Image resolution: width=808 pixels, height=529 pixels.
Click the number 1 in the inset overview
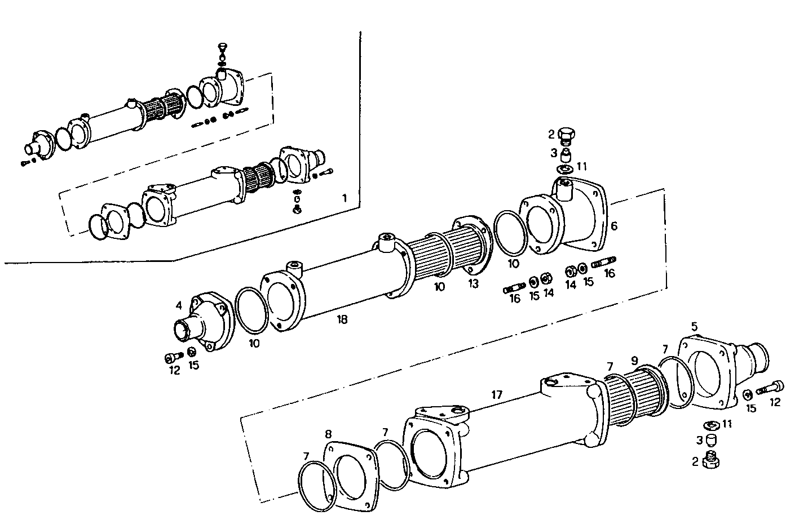[345, 198]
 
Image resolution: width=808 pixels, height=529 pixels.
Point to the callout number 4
[179, 306]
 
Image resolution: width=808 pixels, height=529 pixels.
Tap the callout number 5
[695, 326]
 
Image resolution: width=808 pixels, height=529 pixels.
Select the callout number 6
[614, 226]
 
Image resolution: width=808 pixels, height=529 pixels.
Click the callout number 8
[328, 434]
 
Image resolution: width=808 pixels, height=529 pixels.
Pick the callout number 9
[635, 360]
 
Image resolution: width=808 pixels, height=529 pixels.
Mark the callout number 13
[473, 284]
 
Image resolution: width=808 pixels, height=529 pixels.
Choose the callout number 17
[496, 395]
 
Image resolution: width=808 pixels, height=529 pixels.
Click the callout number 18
[342, 319]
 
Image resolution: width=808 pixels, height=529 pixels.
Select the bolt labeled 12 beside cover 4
[173, 357]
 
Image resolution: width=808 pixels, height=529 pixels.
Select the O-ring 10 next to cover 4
[251, 312]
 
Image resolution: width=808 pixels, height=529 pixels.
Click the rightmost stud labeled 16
[604, 261]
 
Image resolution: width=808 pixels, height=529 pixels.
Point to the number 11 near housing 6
[582, 167]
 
